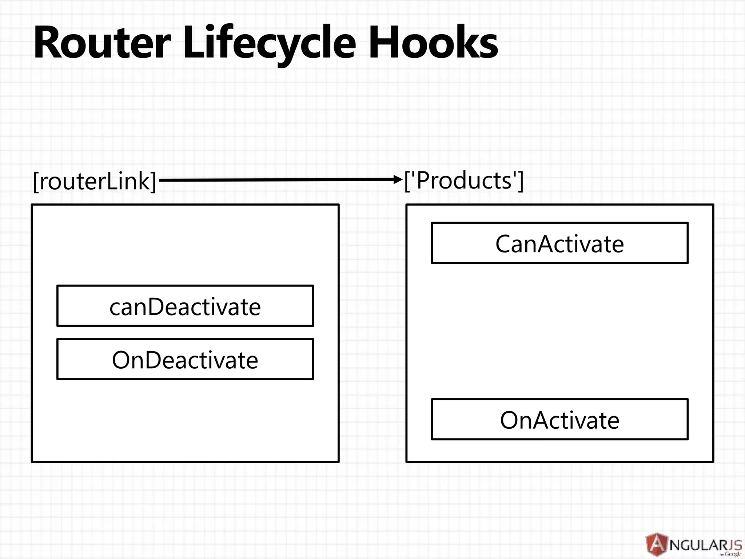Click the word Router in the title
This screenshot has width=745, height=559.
pos(102,43)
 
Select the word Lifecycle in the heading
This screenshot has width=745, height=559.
pos(269,43)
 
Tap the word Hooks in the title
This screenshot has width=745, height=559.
pos(433,43)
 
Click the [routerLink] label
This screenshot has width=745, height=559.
pos(95,181)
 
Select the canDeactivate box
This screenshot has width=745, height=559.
pos(185,306)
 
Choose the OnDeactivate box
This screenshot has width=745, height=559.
pos(185,359)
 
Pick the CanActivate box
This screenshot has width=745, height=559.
pos(559,243)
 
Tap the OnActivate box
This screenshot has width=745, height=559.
pos(559,419)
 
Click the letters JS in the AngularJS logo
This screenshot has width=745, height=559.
pos(734,545)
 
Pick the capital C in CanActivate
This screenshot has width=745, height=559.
pos(505,243)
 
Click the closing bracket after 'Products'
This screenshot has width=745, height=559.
pos(521,181)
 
